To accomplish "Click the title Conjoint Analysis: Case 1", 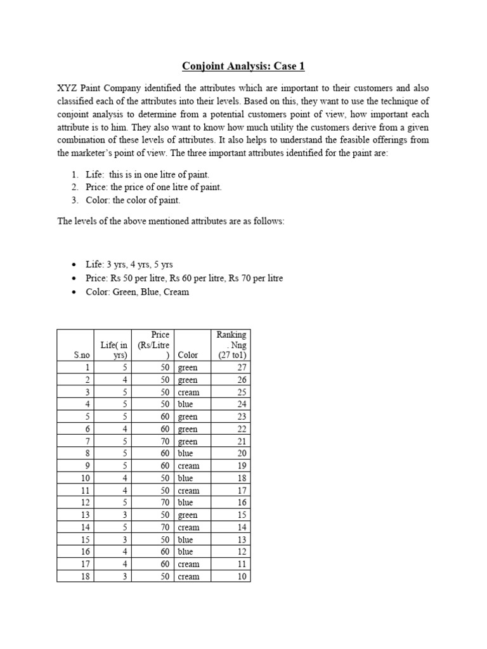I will click(x=243, y=66).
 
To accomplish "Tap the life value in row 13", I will click(x=125, y=515).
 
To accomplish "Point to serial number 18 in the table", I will click(x=84, y=576).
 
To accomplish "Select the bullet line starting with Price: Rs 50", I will click(x=185, y=278).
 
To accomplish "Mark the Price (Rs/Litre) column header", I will click(x=153, y=345).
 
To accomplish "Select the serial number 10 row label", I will click(x=84, y=478).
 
